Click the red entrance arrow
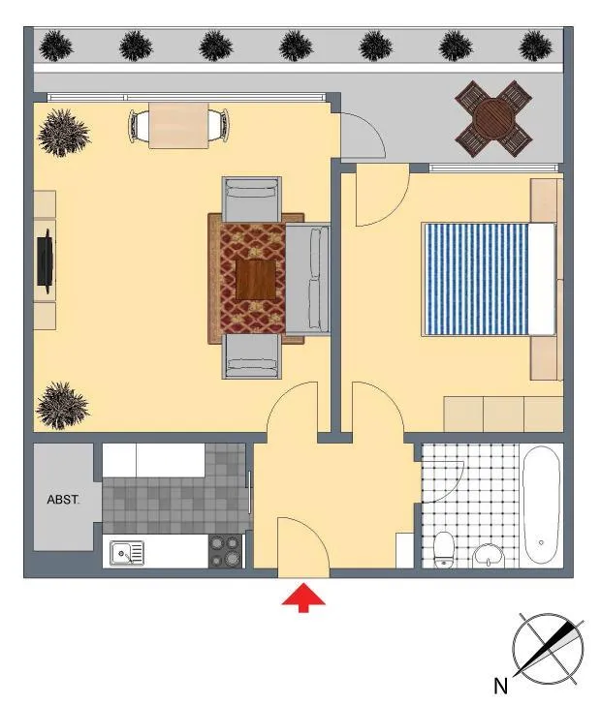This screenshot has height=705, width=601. pos(303,598)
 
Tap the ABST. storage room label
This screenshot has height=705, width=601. pos(63,500)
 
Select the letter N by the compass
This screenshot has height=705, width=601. pos(500,686)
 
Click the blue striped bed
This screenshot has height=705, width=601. pos(489,279)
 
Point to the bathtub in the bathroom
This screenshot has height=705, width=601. pos(542,505)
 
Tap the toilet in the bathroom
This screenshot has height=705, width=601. pos(444,549)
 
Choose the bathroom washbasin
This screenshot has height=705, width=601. pos(490,556)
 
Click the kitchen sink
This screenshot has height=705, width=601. pos(127,553)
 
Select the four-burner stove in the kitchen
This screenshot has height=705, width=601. pos(225,551)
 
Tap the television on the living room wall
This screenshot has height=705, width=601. pos(45,261)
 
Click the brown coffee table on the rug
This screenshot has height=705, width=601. pos(256,280)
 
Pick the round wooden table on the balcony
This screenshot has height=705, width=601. pos(493,119)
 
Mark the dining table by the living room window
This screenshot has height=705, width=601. pos(178,126)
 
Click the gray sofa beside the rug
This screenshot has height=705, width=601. pos(308,279)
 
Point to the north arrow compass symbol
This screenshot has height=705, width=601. pos(548,649)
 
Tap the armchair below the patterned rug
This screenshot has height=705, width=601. pos(252,356)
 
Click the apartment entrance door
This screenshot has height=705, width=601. pos(303,547)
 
